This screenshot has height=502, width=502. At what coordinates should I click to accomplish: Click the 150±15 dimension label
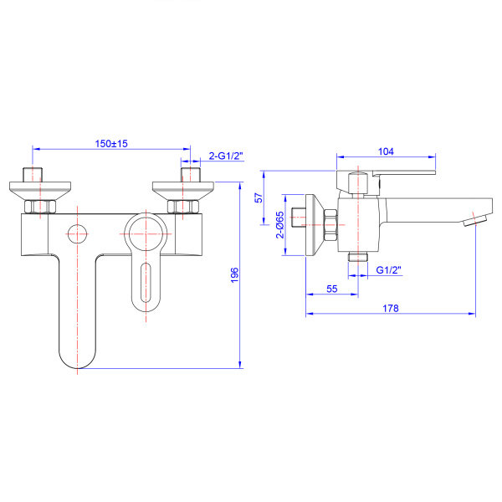click(111, 143)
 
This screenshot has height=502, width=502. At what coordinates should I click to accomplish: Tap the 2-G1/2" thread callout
click(226, 156)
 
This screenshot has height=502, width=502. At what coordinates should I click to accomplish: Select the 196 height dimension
click(234, 275)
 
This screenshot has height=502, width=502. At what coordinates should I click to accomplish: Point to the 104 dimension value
click(386, 151)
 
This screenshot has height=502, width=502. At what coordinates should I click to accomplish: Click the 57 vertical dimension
click(259, 197)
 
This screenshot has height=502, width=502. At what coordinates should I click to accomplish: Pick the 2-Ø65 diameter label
click(280, 224)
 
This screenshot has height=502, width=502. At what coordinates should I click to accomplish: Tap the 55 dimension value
click(332, 289)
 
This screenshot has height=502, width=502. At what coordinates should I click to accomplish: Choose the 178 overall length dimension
click(391, 308)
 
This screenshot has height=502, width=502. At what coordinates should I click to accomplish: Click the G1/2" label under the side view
click(388, 270)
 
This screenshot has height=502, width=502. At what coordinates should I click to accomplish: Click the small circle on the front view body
click(77, 234)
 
